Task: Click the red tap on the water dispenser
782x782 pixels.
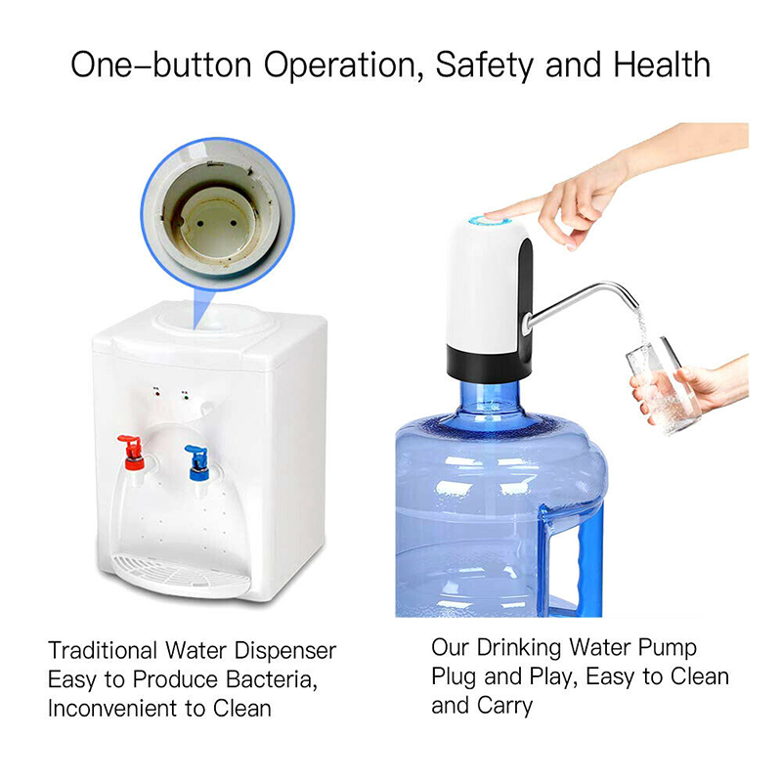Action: pos(133,453)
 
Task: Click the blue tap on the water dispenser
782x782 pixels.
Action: pos(198,462)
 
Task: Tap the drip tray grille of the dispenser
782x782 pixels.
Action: pos(180,574)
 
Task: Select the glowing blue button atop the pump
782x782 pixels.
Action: pos(489,221)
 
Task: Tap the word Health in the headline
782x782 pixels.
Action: pos(662,65)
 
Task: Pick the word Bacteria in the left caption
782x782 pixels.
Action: pos(272,679)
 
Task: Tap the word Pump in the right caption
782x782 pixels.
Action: pos(668,648)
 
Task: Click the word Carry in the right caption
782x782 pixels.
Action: pos(504,706)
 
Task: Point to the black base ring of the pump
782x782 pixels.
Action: pos(488,363)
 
